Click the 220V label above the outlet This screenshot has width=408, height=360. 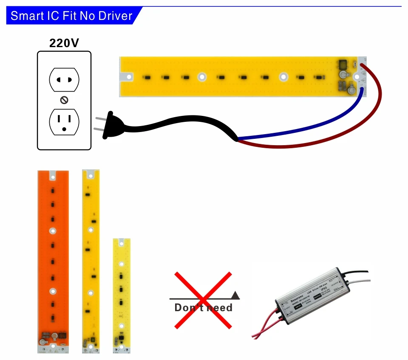click(64, 43)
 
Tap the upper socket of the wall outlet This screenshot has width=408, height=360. click(64, 80)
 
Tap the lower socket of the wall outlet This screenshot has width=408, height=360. click(64, 122)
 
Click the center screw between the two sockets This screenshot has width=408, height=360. click(64, 100)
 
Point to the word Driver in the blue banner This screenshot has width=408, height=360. click(115, 16)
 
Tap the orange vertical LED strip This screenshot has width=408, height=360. click(53, 255)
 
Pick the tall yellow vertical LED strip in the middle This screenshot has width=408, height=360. click(91, 259)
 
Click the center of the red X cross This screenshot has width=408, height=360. click(203, 300)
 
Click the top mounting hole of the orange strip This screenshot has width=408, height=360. click(53, 174)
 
